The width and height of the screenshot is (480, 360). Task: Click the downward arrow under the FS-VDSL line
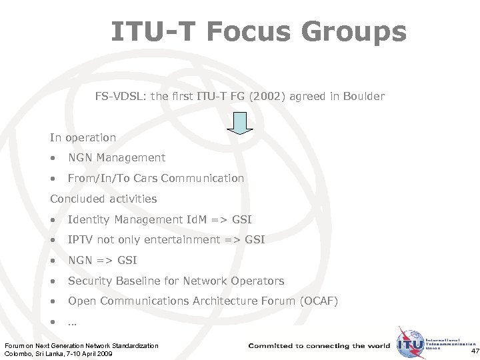tap(241, 123)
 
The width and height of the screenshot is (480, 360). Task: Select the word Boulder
tap(363, 97)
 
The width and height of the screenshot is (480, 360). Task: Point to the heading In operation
tap(83, 137)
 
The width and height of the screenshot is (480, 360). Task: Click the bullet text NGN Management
tap(117, 158)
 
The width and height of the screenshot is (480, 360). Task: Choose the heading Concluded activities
tap(103, 199)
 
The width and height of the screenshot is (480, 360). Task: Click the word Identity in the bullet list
tap(89, 219)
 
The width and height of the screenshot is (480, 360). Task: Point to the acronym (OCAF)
tap(317, 301)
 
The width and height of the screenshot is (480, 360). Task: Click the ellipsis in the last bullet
tap(72, 322)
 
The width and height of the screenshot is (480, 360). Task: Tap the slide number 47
tap(474, 351)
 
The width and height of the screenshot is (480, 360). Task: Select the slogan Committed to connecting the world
tap(319, 345)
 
